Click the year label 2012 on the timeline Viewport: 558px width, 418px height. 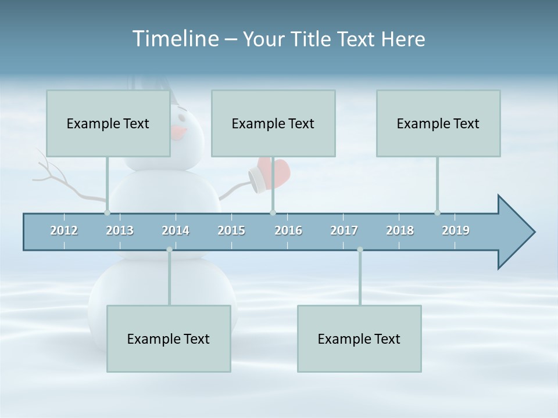[x=64, y=230]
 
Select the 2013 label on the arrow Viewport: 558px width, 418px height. [x=120, y=230]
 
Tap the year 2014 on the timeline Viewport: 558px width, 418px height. [x=176, y=230]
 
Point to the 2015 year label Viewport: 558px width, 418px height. [x=231, y=230]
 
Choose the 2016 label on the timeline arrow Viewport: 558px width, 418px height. [x=288, y=230]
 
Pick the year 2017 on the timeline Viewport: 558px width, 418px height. [x=344, y=230]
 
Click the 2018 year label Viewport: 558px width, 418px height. [x=400, y=230]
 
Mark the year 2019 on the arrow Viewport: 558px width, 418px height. [x=456, y=230]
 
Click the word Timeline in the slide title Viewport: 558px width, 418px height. [x=174, y=39]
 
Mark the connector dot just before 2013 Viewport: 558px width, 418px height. [x=107, y=212]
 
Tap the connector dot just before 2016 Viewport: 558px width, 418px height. [x=273, y=212]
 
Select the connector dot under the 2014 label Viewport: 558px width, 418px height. [x=169, y=250]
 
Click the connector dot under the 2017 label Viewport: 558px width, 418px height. [x=360, y=250]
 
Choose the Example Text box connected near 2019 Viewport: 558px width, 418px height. [x=438, y=123]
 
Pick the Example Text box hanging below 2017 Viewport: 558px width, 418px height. [x=359, y=338]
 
